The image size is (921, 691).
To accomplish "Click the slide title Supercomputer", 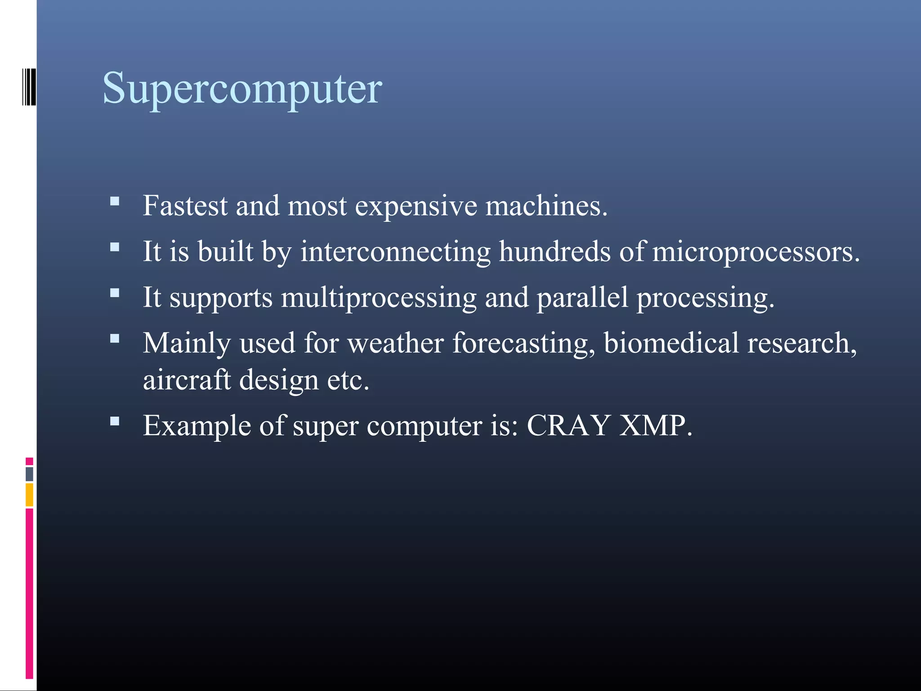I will pyautogui.click(x=242, y=89).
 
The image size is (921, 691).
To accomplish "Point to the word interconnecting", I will pyautogui.click(x=395, y=251).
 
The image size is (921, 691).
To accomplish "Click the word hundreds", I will pyautogui.click(x=554, y=251).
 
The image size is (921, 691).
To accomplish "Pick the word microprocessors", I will pyautogui.click(x=756, y=252).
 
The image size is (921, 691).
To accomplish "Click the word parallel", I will pyautogui.click(x=582, y=298).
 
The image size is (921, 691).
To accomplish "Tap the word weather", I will pyautogui.click(x=395, y=343).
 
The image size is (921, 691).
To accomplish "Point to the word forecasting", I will pyautogui.click(x=523, y=344).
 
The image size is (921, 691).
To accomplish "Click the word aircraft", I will pyautogui.click(x=187, y=380).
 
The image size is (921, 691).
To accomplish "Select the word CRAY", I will pyautogui.click(x=568, y=425).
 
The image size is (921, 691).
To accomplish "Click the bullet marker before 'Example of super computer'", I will pyautogui.click(x=115, y=421).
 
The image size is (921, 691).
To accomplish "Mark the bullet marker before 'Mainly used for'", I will pyautogui.click(x=115, y=338).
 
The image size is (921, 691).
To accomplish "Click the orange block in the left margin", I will pyautogui.click(x=29, y=494).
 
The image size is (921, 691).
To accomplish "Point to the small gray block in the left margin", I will pyautogui.click(x=29, y=474).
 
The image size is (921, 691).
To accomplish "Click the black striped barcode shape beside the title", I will pyautogui.click(x=29, y=87).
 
